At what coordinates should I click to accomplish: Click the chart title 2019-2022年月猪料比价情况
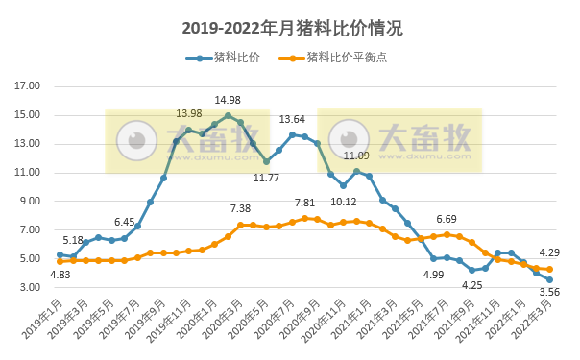pos(290,28)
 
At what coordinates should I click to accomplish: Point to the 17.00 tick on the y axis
pos(27,86)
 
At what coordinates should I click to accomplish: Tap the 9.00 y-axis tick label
pos(29,202)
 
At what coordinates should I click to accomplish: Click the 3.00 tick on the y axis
pos(29,288)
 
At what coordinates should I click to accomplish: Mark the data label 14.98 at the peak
pos(228,100)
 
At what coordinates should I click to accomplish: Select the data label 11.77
pos(266,177)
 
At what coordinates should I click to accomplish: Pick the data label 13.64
pos(292,120)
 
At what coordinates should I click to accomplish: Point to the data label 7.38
pos(240,208)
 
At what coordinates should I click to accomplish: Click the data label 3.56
pos(549,293)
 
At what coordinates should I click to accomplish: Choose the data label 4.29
pos(549,253)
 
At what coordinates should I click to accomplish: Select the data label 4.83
pos(60,275)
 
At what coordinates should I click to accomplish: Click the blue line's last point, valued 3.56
pos(549,279)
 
